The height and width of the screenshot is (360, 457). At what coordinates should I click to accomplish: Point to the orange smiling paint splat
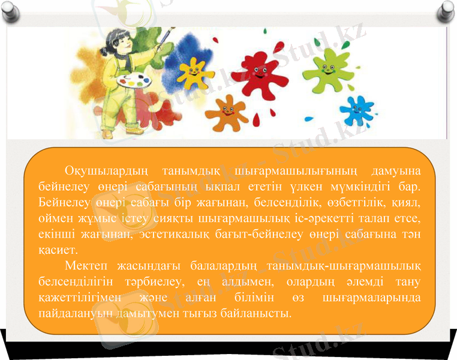click(x=227, y=112)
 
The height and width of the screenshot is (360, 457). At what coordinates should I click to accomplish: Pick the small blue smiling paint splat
click(x=356, y=110)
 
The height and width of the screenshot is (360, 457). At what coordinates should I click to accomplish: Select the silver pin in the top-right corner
click(x=446, y=10)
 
